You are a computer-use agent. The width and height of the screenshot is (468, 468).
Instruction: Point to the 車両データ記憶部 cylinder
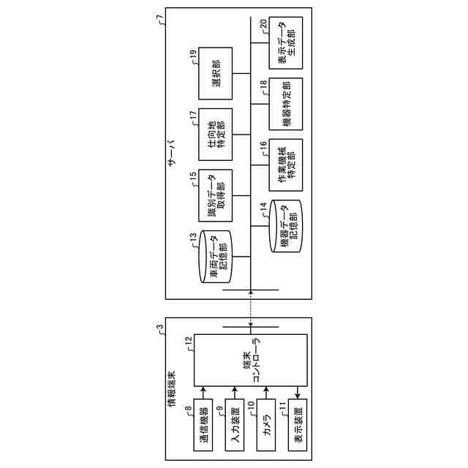[x=215, y=256]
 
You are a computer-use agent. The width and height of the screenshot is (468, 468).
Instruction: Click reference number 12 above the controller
[x=189, y=340]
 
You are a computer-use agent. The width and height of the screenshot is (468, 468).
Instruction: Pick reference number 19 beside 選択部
[x=192, y=53]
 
